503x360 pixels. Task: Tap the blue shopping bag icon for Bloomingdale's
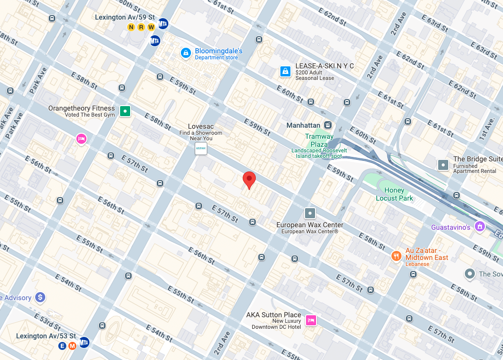(x=185, y=52)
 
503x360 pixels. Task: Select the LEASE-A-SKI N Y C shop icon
(x=285, y=71)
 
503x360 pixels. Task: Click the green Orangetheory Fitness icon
(x=125, y=111)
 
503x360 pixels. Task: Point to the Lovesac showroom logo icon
(x=200, y=148)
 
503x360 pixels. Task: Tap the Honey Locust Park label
(x=394, y=194)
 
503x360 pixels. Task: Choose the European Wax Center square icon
(x=310, y=213)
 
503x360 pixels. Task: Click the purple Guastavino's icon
(x=480, y=227)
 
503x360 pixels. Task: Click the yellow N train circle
(x=132, y=27)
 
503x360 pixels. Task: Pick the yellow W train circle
(x=151, y=27)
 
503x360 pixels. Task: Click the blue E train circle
(x=63, y=345)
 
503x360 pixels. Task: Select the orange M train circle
(x=72, y=345)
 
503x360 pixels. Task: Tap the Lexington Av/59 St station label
(x=124, y=18)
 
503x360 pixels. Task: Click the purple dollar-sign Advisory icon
(x=40, y=298)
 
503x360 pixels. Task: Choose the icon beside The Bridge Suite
(x=443, y=164)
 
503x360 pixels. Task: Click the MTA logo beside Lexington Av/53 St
(x=84, y=342)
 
